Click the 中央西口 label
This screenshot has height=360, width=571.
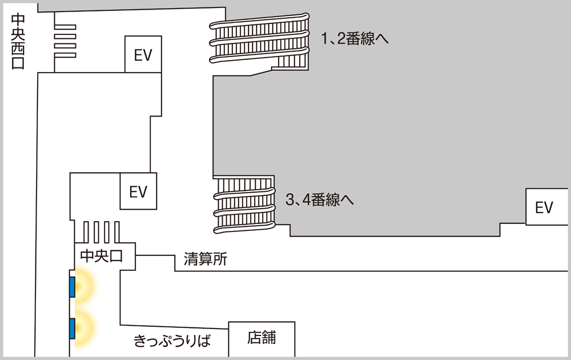click(x=18, y=41)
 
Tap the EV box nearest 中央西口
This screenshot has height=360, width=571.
click(x=143, y=54)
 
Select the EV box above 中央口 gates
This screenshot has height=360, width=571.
click(x=138, y=191)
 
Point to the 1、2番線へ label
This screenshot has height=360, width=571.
click(x=355, y=38)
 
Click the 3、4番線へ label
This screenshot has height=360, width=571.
click(x=319, y=199)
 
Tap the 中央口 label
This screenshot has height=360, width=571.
click(x=101, y=256)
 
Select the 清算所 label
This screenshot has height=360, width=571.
click(x=206, y=259)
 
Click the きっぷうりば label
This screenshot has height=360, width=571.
click(x=172, y=341)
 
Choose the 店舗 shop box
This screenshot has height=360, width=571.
click(x=262, y=339)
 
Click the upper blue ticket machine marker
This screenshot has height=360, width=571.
click(x=72, y=287)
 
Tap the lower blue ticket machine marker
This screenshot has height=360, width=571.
click(x=72, y=328)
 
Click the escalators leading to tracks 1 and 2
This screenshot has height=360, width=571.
click(x=259, y=38)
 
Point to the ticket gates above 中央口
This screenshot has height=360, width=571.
click(x=101, y=232)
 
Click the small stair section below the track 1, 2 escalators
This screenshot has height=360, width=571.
click(x=290, y=63)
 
